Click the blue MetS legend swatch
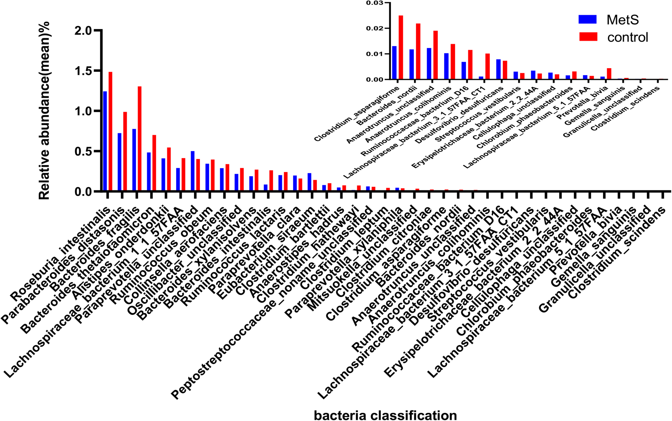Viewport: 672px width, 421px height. [x=587, y=19]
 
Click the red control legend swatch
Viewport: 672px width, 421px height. [x=588, y=37]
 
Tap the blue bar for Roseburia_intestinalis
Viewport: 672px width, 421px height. [x=105, y=141]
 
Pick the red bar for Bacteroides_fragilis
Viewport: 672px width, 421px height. [x=140, y=139]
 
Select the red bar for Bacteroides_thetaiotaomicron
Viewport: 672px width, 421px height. [x=154, y=163]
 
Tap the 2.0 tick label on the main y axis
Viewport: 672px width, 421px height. [x=83, y=31]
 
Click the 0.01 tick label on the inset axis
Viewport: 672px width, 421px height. [x=374, y=54]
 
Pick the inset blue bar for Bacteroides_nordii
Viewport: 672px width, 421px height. [x=411, y=64]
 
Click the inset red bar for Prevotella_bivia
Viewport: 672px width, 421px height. [x=609, y=74]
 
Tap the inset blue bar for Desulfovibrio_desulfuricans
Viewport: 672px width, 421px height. [x=498, y=69]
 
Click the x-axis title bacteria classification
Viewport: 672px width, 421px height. [x=385, y=415]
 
